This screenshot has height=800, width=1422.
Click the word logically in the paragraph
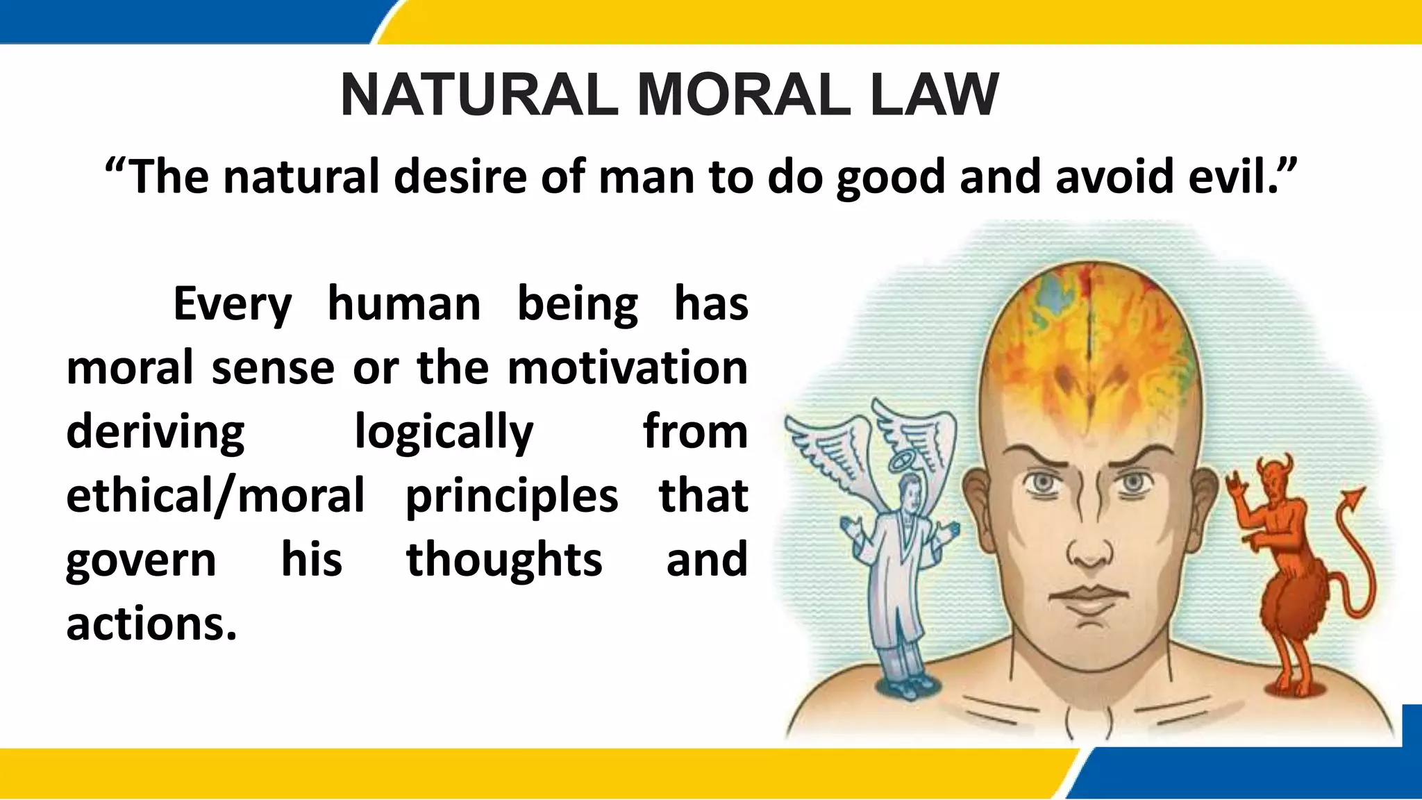(x=444, y=433)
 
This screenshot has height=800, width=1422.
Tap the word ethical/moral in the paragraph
(x=215, y=497)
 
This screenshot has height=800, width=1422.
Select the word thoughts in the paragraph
(x=504, y=560)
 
